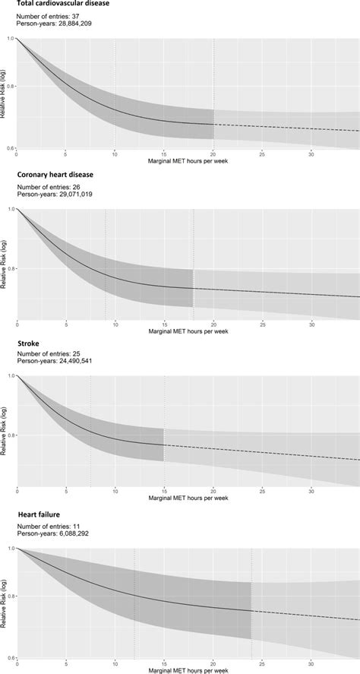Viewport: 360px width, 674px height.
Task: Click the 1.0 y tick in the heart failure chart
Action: tap(9, 547)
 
